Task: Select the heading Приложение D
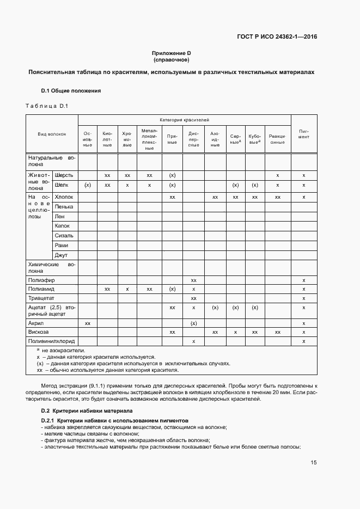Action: click(x=172, y=53)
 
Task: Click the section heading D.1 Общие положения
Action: click(x=71, y=90)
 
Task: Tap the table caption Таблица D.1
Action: click(x=46, y=106)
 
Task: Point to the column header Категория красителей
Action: click(x=184, y=119)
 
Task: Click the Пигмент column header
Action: click(x=303, y=133)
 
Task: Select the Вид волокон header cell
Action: click(x=52, y=133)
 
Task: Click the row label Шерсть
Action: click(x=64, y=175)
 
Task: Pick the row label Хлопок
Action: click(x=64, y=197)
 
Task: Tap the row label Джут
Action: click(x=61, y=255)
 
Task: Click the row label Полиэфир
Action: click(x=39, y=279)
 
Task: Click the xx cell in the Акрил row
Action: click(x=88, y=323)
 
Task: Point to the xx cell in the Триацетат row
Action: click(x=193, y=298)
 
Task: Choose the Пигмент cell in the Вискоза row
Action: click(x=303, y=332)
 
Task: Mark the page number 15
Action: click(x=314, y=463)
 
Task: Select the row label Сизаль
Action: click(x=64, y=236)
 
